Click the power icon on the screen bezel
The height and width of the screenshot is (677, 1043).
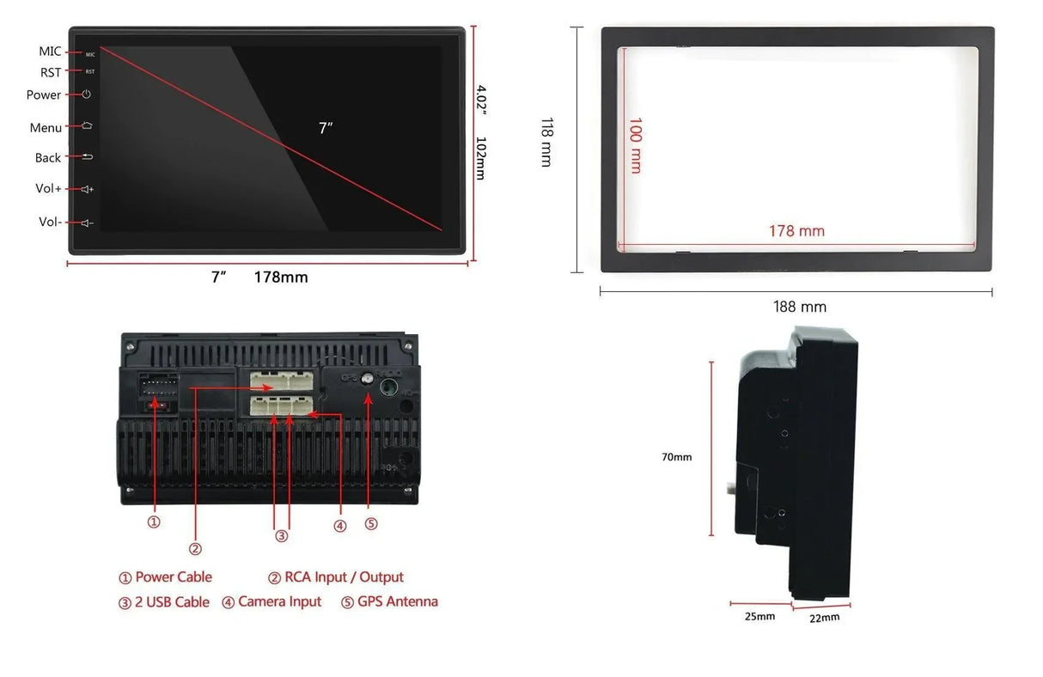coord(86,94)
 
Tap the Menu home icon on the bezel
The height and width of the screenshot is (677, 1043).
coord(87,125)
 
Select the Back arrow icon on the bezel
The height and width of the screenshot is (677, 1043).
coord(88,156)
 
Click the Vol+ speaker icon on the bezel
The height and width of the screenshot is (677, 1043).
coord(88,189)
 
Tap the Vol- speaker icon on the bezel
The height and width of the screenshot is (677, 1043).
coord(88,223)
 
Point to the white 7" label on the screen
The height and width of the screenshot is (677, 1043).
coord(326,127)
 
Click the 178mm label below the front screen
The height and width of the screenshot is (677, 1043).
coord(281,278)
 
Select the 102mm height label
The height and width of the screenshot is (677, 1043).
coord(481,158)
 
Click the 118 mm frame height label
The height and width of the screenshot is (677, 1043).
coord(547,142)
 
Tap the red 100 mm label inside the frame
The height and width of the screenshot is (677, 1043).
coord(636,146)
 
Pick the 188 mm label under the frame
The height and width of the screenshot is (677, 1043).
coord(800,307)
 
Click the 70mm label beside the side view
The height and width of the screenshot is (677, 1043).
coord(676,457)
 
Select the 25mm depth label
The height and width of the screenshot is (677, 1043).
coord(759,617)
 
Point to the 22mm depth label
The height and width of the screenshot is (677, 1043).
coord(825,618)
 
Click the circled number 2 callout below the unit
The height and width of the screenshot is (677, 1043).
coord(195,549)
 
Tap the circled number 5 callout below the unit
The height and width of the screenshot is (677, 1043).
coord(371,524)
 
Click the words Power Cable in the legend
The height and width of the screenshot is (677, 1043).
coord(174,577)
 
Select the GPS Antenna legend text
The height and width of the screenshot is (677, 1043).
coord(398,601)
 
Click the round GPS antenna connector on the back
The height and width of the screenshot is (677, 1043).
coord(368,379)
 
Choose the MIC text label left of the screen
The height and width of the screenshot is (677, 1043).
coord(50,52)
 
